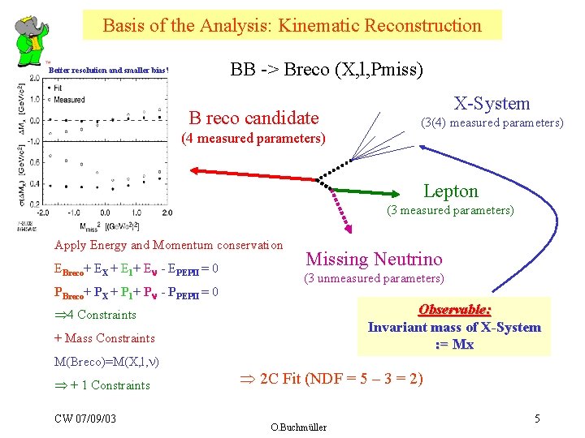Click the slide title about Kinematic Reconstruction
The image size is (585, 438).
pos(292,25)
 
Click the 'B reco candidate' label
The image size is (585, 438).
pos(253,118)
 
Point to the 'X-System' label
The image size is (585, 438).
pos(492,103)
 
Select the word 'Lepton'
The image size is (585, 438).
pos(451,191)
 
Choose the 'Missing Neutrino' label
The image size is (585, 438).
pos(374,259)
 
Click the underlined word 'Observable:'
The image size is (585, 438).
pos(454,310)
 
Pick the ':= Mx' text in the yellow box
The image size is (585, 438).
pos(454,344)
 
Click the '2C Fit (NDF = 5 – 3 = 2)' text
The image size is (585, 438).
pos(329,379)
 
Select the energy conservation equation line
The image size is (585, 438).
pos(135,268)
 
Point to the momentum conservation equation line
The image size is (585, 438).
pos(135,292)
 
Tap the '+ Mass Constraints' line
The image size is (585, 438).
pos(104,338)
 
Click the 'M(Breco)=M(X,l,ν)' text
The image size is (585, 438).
pos(106,361)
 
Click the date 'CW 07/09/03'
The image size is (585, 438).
pos(85,418)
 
